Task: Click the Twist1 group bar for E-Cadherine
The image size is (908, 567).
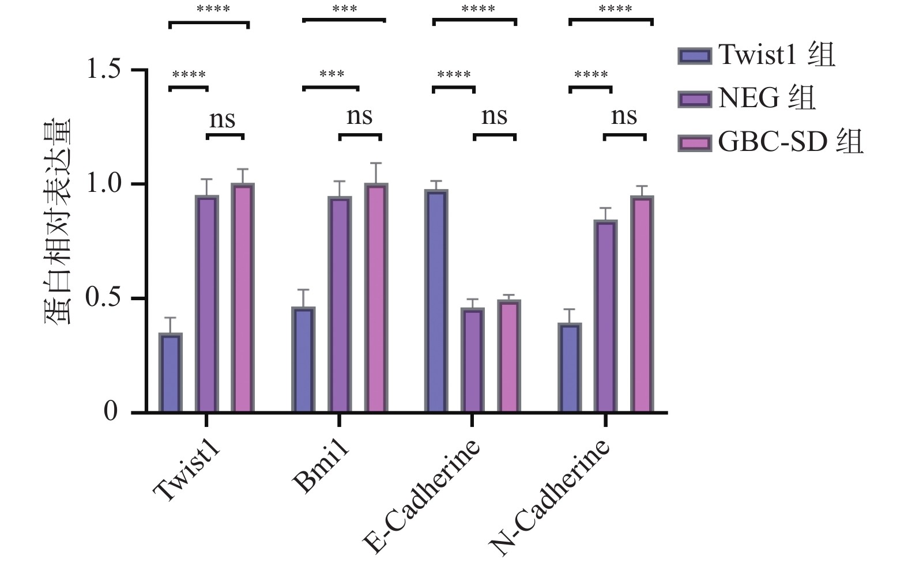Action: (436, 301)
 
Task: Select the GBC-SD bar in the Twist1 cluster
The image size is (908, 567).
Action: (243, 297)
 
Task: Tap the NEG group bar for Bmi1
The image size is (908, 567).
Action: (340, 304)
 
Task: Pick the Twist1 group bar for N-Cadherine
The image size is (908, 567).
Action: (570, 368)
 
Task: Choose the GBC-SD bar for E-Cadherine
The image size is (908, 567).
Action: (509, 356)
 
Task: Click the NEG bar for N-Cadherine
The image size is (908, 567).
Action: (605, 316)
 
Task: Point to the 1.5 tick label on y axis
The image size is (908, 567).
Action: (103, 70)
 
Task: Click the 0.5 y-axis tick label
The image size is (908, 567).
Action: (103, 298)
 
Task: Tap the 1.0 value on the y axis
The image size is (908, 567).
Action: (103, 184)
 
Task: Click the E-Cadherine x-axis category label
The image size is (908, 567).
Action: (422, 496)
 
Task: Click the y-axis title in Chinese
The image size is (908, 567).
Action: (58, 221)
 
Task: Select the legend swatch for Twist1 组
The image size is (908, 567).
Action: (695, 56)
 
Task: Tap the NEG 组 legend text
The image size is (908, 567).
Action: (767, 98)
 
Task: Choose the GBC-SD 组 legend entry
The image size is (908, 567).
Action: (790, 142)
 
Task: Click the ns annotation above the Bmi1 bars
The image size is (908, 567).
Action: (359, 117)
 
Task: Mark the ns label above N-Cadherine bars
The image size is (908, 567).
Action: (624, 117)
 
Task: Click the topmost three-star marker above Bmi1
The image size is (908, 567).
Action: (344, 9)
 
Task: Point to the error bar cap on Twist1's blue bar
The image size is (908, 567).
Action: (170, 317)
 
